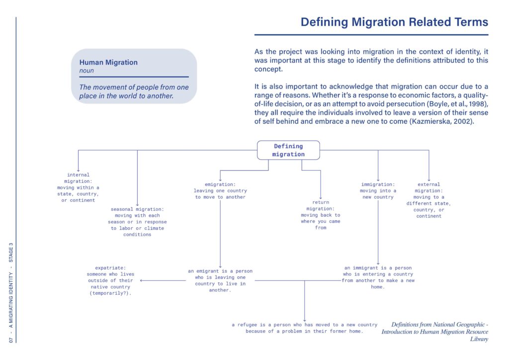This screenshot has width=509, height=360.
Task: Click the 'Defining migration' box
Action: [288, 150]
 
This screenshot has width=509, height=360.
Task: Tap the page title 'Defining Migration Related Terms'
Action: [394, 22]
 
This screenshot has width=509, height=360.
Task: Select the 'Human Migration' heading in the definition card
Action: [108, 62]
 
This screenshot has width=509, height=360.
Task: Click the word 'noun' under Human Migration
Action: [86, 71]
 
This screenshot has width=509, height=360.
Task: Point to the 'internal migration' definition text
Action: [78, 187]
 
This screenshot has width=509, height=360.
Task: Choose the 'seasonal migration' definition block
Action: [137, 222]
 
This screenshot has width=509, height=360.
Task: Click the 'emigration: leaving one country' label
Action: [220, 190]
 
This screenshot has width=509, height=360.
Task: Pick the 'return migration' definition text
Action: [321, 215]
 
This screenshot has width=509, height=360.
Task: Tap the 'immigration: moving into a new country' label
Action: [378, 190]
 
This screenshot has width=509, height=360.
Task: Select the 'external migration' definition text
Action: [428, 200]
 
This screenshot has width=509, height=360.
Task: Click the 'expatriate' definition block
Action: [110, 280]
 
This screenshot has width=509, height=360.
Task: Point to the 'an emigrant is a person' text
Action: [220, 280]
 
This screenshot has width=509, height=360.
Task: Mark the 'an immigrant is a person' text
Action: [378, 277]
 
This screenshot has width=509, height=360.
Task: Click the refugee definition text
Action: [305, 328]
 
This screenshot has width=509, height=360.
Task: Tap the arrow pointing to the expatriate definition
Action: [163, 280]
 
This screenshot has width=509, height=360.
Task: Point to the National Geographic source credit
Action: [434, 332]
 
